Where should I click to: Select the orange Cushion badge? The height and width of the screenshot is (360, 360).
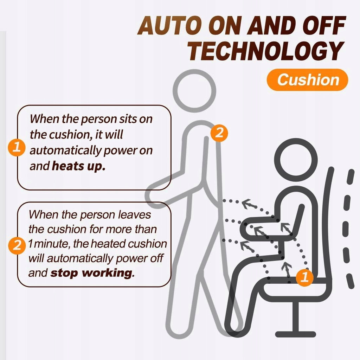click(307, 80)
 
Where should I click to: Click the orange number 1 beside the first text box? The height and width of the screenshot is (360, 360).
click(17, 147)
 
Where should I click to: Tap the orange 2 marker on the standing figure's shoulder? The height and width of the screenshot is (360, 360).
click(219, 133)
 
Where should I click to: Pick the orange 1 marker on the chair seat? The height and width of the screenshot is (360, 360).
click(305, 277)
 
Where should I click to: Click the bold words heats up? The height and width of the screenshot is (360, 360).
click(79, 166)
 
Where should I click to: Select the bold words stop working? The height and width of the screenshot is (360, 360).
click(92, 273)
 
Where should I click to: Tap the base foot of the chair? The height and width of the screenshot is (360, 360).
click(295, 334)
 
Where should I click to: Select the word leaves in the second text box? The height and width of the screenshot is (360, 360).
click(135, 215)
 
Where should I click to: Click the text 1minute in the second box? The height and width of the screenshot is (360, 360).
click(49, 244)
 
